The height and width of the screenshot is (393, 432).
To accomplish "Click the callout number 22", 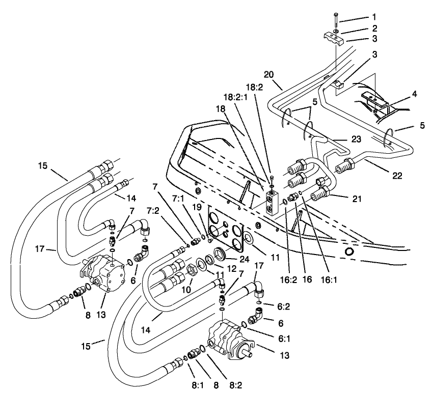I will coord(397,176).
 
